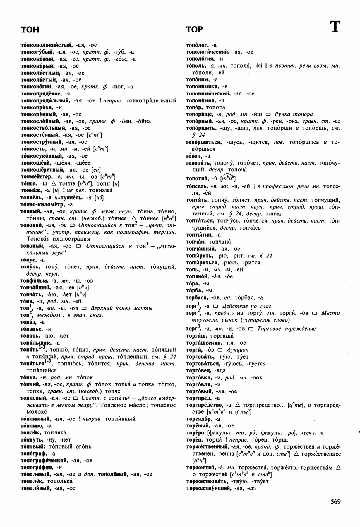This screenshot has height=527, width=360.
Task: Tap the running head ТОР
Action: coord(194,30)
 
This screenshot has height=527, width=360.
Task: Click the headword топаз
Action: coord(28,322)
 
